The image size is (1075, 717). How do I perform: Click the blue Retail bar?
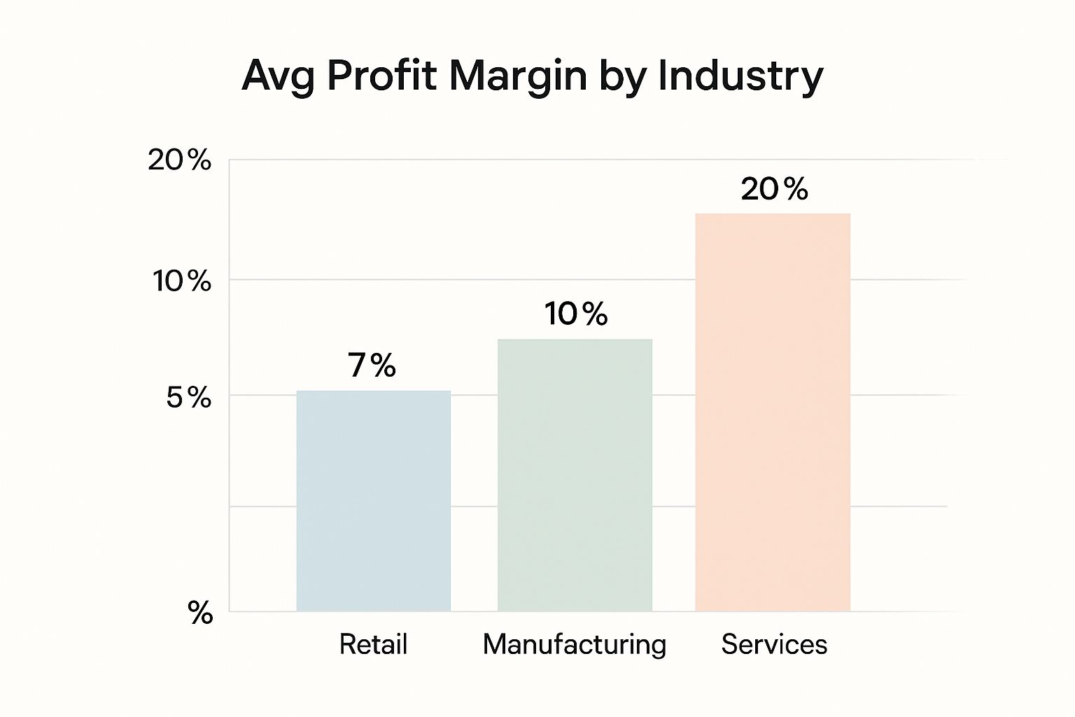point(373,501)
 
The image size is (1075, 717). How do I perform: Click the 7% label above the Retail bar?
point(372,365)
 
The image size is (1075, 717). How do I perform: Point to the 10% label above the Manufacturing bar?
point(576,314)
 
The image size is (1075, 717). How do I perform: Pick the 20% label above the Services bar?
point(774,189)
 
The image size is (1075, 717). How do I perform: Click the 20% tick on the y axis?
point(179,160)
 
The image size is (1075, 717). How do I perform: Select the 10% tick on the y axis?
point(182,281)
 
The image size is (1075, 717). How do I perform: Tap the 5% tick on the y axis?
point(188,398)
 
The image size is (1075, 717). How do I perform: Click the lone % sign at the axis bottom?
point(200,613)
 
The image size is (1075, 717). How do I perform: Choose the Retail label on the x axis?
point(373,644)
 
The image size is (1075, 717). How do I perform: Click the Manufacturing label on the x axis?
point(575,644)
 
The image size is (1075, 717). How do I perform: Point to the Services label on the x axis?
point(774,644)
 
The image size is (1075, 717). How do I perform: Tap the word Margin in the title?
point(518,76)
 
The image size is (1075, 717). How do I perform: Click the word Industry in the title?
point(740,76)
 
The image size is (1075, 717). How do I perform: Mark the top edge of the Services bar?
point(773,214)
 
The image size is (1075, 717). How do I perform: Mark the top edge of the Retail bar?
point(373,391)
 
